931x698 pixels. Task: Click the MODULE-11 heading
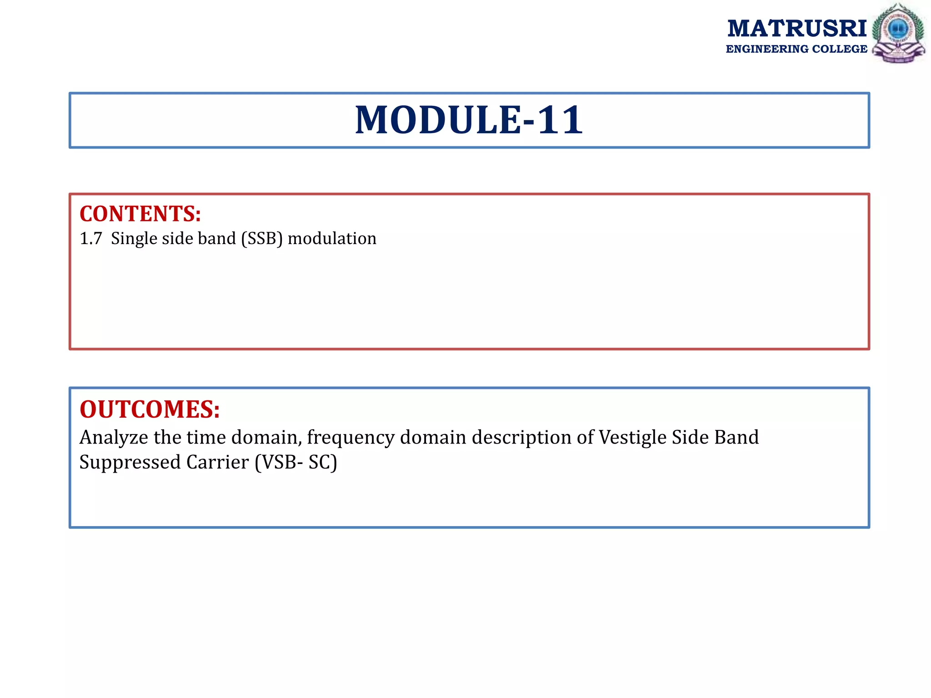[469, 120]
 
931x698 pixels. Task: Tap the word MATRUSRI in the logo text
[797, 29]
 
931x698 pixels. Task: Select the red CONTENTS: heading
[140, 214]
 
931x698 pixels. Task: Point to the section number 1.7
[90, 239]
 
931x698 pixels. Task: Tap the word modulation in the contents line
[332, 239]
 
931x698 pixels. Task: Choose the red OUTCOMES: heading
[150, 409]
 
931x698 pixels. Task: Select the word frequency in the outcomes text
[350, 438]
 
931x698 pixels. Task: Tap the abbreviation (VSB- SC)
[295, 463]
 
